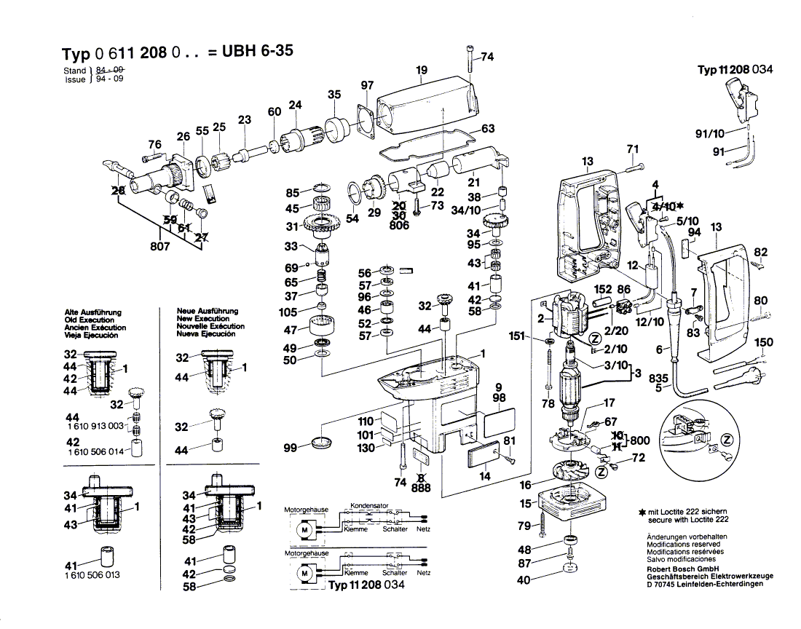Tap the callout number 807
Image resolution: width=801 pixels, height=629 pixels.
pos(160,247)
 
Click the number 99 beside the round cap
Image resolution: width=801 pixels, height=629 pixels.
pos(290,448)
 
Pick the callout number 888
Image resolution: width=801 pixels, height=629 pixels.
pos(422,488)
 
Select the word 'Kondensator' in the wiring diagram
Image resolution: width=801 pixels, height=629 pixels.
pos(370,505)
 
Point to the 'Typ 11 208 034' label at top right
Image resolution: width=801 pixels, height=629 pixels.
pos(735,70)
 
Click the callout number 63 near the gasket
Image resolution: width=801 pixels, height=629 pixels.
pos(487,129)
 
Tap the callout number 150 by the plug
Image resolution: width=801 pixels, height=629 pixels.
pos(764,342)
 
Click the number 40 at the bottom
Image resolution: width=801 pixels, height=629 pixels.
pos(524,581)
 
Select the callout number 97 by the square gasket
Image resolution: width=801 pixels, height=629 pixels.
pos(367,85)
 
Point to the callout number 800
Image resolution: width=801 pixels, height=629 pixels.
pos(640,440)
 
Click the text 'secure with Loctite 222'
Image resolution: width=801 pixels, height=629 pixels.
pos(687,520)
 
